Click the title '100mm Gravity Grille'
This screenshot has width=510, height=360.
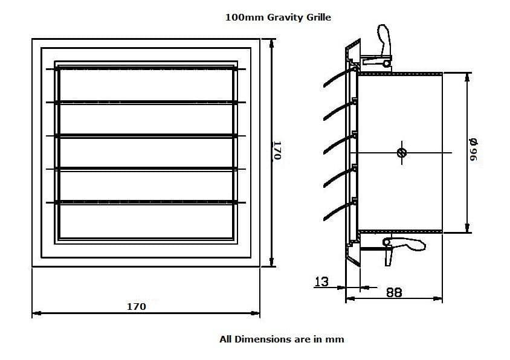coord(278,18)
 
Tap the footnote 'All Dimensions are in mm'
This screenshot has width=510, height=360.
coord(282,339)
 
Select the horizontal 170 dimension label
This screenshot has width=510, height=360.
coord(136,307)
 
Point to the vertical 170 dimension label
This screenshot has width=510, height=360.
coord(277,150)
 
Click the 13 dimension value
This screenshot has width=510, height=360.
coord(321,281)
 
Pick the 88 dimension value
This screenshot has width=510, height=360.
coord(394,292)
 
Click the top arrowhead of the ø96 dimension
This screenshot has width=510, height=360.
coord(467,77)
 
